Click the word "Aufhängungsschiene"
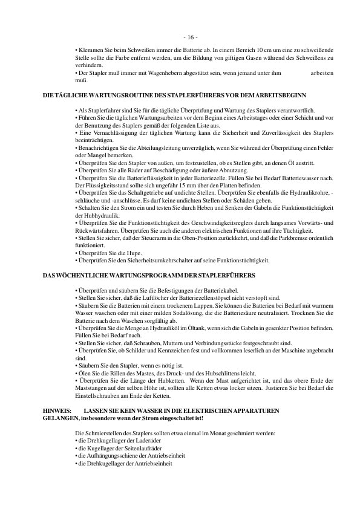point(114,456)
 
